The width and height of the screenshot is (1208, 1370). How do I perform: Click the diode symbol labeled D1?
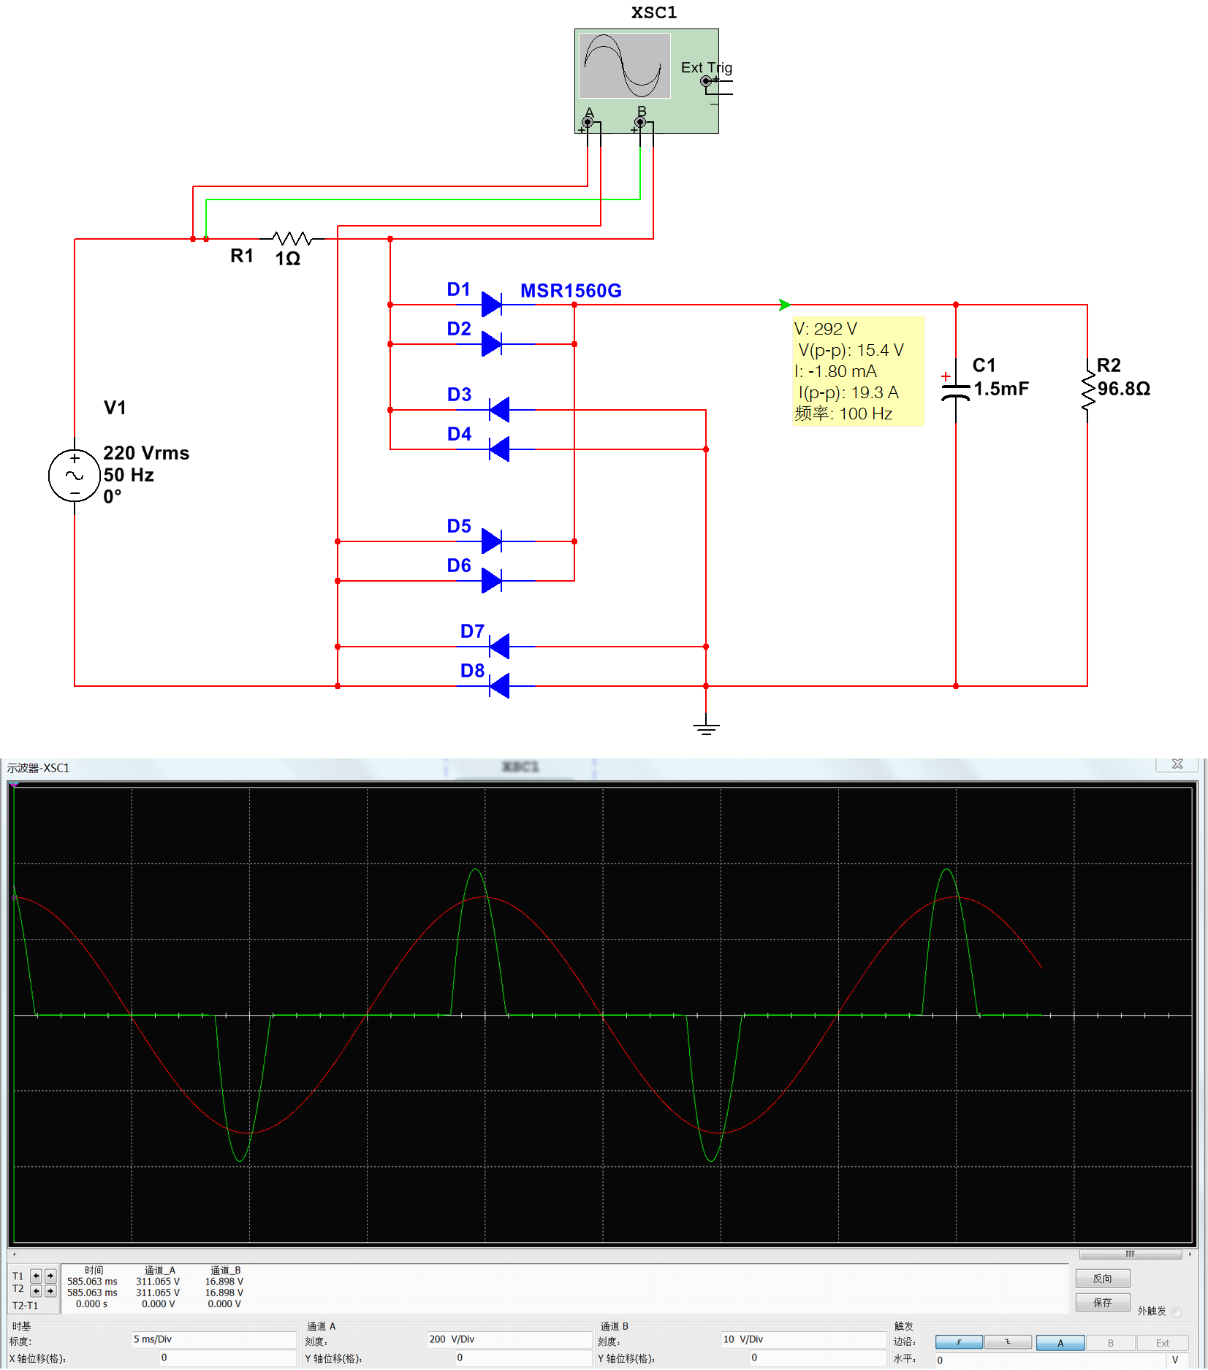[492, 304]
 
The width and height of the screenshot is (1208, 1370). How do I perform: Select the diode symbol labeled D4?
[499, 449]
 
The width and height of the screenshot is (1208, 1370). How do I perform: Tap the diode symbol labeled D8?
[499, 685]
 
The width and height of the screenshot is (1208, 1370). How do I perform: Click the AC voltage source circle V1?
[75, 476]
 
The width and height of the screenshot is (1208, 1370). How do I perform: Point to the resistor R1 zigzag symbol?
[292, 238]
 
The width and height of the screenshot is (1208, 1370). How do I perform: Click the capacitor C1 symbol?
[955, 392]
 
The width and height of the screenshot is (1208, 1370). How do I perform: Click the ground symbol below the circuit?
[706, 727]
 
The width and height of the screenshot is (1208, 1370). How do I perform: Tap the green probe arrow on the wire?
[784, 304]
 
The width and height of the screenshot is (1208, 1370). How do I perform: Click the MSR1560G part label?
[571, 291]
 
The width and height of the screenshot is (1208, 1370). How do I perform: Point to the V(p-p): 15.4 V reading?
[851, 350]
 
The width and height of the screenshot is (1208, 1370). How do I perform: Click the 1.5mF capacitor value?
[1000, 389]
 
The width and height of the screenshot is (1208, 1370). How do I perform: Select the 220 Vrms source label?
[146, 453]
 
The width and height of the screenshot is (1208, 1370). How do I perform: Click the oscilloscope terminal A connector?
[588, 122]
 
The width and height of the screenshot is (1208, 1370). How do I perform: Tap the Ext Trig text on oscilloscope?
[706, 67]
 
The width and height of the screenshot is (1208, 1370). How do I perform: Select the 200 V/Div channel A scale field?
[509, 1339]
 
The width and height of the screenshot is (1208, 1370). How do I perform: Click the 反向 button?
[1102, 1278]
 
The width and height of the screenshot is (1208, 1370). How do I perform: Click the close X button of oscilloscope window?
[1177, 764]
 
